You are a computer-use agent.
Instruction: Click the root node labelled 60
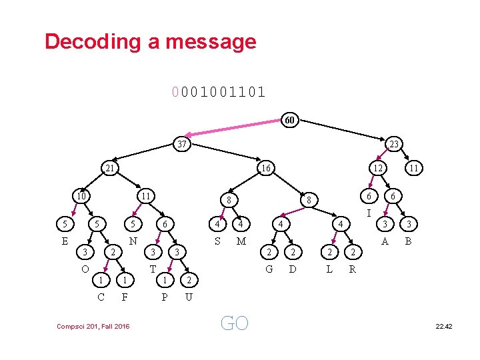(x=289, y=121)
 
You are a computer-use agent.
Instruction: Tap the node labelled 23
(x=394, y=143)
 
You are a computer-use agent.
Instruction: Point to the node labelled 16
(x=265, y=169)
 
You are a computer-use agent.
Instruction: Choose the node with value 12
(x=378, y=169)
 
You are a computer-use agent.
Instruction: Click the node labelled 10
(x=81, y=196)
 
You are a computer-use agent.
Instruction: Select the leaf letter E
(x=65, y=241)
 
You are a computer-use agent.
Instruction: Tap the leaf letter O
(x=85, y=269)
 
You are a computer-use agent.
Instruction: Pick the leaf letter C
(x=101, y=297)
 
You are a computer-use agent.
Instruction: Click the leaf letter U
(x=189, y=297)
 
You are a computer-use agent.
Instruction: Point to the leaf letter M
(x=241, y=241)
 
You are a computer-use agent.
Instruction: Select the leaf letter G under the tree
(x=269, y=269)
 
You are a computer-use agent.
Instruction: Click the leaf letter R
(x=353, y=269)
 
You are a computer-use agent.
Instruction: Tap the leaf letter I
(x=369, y=213)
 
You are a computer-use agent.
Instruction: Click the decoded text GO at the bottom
(x=234, y=324)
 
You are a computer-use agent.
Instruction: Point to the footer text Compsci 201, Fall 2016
(x=93, y=325)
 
